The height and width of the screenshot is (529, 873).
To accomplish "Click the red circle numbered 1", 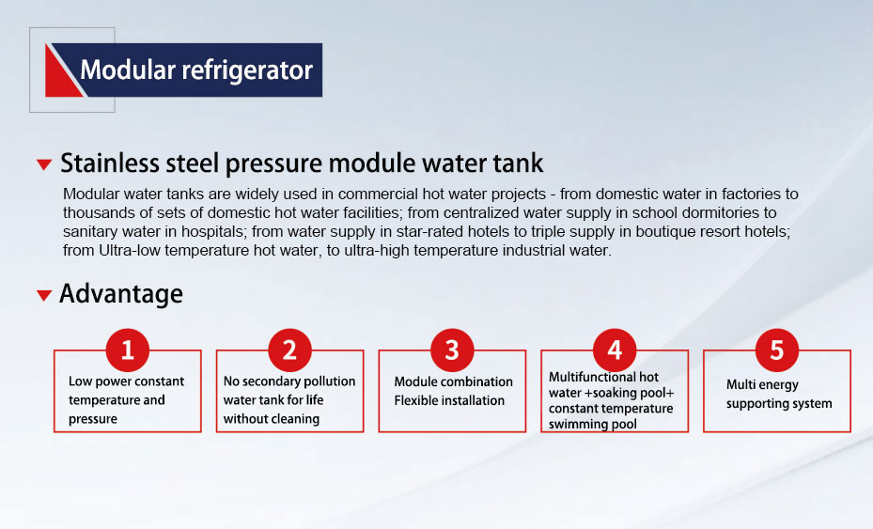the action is click(x=128, y=350).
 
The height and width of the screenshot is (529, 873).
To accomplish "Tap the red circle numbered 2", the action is click(x=290, y=350).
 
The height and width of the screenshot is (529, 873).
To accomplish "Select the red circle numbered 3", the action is click(x=452, y=350).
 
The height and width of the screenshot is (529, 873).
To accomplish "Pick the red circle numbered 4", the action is click(x=615, y=350).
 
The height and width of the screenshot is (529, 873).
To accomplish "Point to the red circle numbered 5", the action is click(x=777, y=350).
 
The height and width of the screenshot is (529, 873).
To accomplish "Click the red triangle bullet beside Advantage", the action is click(x=44, y=295).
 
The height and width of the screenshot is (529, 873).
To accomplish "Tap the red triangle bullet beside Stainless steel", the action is click(x=44, y=164).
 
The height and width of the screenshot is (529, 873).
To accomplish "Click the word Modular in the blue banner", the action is click(x=128, y=70).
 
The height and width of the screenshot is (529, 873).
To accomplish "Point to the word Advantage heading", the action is click(x=121, y=294).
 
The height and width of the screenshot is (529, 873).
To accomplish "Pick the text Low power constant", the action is click(x=126, y=381).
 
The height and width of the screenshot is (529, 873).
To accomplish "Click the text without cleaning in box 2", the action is click(x=272, y=419).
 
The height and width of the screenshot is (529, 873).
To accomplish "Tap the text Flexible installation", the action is click(x=449, y=400).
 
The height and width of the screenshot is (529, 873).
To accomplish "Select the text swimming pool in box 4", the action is click(x=593, y=425).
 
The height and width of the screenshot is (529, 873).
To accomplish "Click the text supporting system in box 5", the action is click(x=779, y=404).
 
